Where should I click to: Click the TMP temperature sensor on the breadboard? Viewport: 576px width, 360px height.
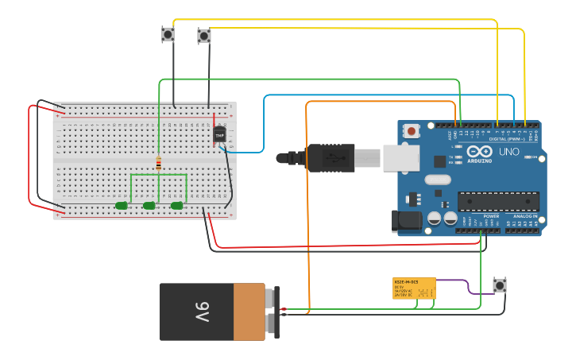pyautogui.click(x=220, y=134)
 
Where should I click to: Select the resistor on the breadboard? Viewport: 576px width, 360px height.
pyautogui.click(x=159, y=165)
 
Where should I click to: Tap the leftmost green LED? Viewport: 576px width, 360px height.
pyautogui.click(x=122, y=206)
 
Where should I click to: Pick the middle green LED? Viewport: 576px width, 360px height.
pyautogui.click(x=149, y=206)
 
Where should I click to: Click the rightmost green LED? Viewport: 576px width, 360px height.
pyautogui.click(x=176, y=206)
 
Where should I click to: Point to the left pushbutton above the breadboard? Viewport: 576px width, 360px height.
pyautogui.click(x=168, y=34)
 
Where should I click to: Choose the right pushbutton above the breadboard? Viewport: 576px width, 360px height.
pyautogui.click(x=204, y=36)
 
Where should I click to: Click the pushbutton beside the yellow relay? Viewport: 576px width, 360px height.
pyautogui.click(x=500, y=285)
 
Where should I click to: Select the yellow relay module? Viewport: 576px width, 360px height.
pyautogui.click(x=414, y=288)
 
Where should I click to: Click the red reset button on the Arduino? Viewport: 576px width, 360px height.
pyautogui.click(x=412, y=131)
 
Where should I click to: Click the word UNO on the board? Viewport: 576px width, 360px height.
pyautogui.click(x=508, y=151)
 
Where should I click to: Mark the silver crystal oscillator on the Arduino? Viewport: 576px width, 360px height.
pyautogui.click(x=437, y=180)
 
